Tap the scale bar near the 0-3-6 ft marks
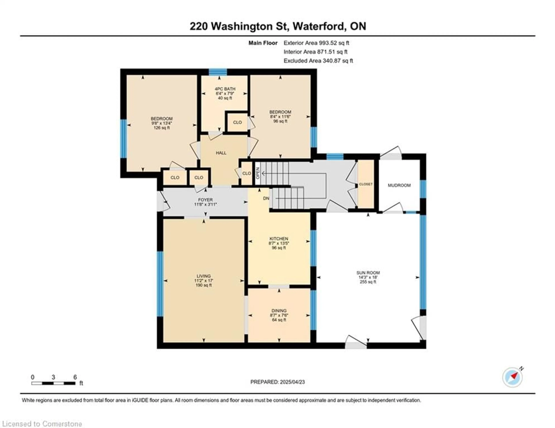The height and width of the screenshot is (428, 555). [x=53, y=383]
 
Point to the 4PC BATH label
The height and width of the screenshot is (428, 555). [x=225, y=89]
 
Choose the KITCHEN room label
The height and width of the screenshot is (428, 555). [x=279, y=239]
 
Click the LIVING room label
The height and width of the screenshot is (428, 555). [x=203, y=276]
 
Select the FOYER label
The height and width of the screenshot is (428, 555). [x=205, y=200]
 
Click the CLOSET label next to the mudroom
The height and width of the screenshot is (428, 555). [x=366, y=184]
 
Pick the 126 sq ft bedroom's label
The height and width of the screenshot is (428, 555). [x=162, y=119]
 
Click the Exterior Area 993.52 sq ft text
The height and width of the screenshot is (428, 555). [x=316, y=43]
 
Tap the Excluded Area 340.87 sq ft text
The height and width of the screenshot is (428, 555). [x=318, y=61]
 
